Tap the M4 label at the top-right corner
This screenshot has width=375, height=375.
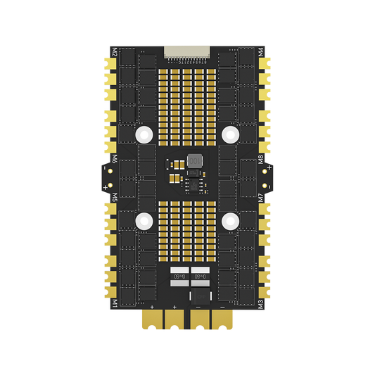coord(261,51)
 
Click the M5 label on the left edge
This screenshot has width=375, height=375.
coord(114,198)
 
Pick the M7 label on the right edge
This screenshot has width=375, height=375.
coord(261,198)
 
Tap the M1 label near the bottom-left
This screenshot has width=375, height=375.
coord(114,304)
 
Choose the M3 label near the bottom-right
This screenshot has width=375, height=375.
coord(261,304)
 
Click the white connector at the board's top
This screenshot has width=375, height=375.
coord(187,51)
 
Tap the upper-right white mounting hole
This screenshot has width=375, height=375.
coord(230,132)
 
